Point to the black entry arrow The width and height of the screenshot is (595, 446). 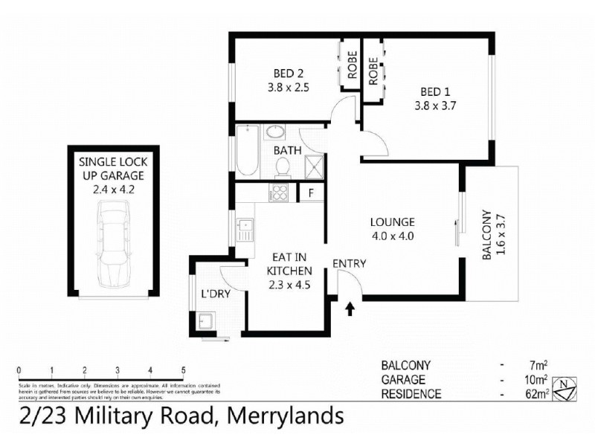[x=350, y=308]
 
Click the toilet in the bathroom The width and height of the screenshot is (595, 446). [x=282, y=168]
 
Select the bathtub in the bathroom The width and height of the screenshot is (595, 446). [x=246, y=152]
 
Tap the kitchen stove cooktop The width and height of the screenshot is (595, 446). [x=280, y=193]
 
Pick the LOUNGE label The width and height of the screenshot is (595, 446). [x=393, y=222]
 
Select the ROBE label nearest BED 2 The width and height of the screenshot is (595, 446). [x=351, y=68]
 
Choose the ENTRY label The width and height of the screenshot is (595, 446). [x=349, y=263]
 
